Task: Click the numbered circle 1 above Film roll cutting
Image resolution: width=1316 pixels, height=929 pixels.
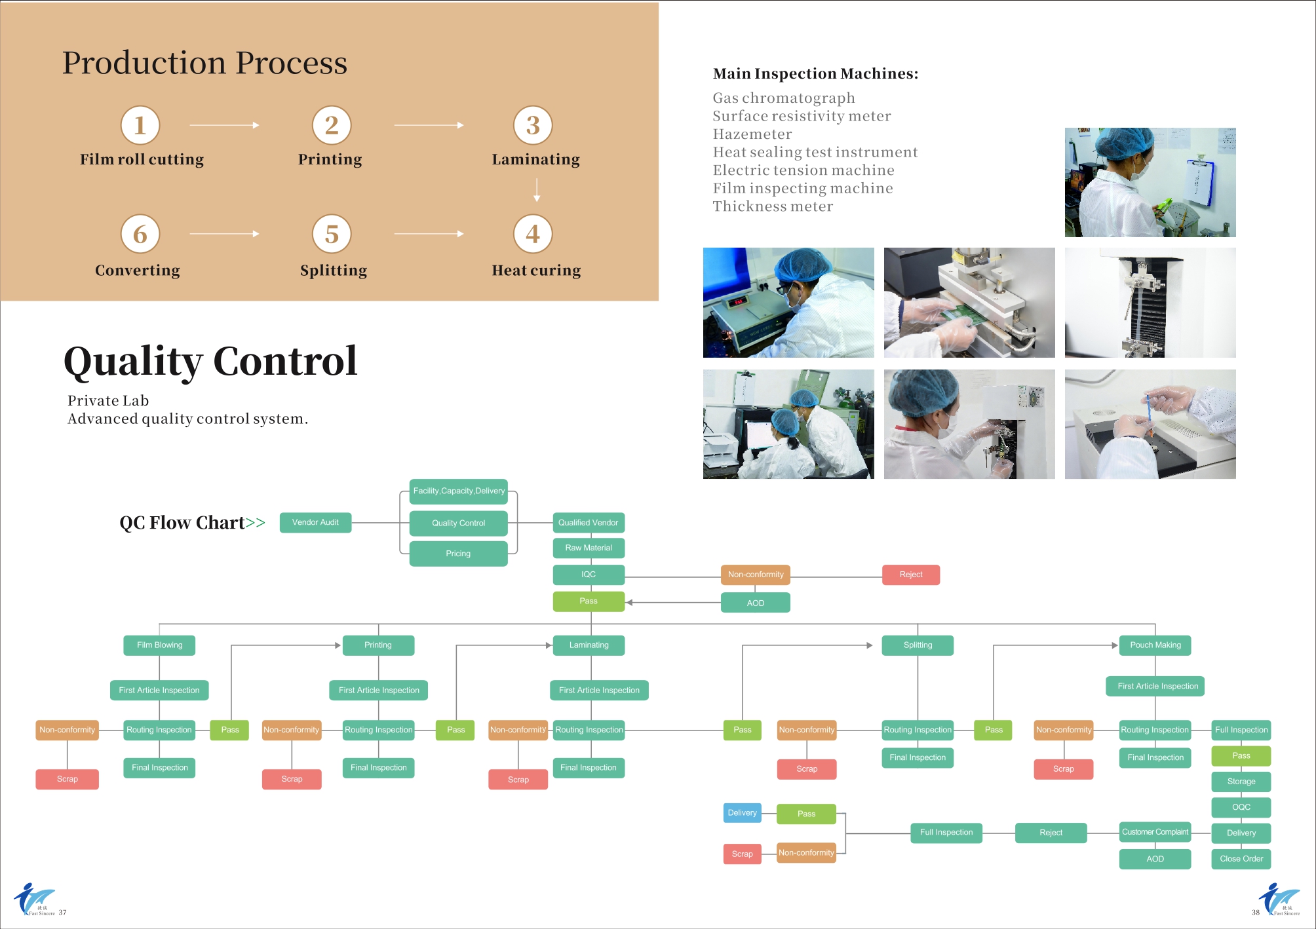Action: (140, 125)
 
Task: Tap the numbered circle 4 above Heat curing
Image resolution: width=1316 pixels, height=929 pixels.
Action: (533, 234)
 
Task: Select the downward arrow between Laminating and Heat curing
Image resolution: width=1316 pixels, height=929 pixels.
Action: (537, 189)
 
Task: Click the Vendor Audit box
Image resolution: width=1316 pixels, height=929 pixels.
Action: (315, 523)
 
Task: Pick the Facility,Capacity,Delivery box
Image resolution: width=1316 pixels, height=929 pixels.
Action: (459, 491)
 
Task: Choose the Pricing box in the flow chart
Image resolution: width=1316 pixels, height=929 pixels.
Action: (459, 554)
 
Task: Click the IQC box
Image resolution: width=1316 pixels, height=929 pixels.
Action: (589, 575)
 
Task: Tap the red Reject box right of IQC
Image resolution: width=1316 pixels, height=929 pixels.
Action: (911, 575)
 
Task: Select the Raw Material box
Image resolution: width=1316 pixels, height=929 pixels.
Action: (589, 548)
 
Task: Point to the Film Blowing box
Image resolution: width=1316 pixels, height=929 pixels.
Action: (159, 645)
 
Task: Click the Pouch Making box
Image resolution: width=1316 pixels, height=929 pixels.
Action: (1155, 645)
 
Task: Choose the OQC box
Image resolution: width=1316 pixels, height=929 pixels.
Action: (1241, 807)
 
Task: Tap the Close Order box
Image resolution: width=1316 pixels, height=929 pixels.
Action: (1241, 859)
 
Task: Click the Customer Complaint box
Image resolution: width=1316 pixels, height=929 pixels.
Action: (1155, 833)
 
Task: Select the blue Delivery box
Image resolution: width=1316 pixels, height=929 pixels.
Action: (743, 813)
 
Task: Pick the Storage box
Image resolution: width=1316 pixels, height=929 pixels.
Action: (1241, 782)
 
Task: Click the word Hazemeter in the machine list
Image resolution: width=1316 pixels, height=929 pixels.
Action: (752, 134)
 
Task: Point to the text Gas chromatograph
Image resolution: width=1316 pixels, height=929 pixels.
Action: (784, 98)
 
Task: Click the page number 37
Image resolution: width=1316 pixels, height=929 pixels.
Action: (62, 912)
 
